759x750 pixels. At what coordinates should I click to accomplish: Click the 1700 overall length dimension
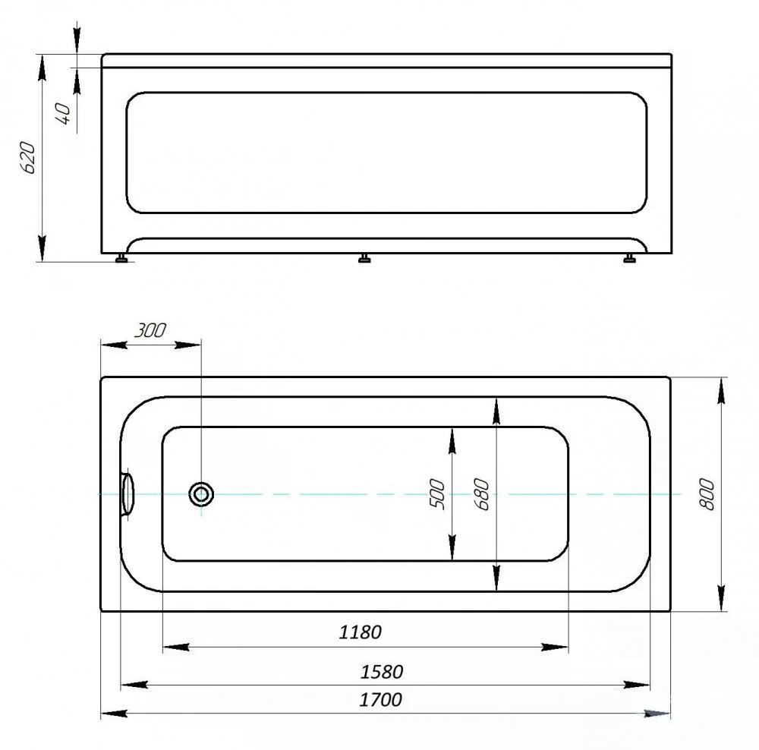coord(380,700)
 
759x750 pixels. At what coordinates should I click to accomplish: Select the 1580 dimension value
coord(382,672)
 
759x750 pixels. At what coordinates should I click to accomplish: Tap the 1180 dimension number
coord(360,632)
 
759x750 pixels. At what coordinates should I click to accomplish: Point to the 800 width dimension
coord(707,494)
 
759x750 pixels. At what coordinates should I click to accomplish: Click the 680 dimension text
coord(483,494)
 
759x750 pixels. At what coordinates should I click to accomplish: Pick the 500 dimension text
coord(437,494)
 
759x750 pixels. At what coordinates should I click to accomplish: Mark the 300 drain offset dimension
coord(150,330)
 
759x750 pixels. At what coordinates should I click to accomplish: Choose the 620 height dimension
coord(27,158)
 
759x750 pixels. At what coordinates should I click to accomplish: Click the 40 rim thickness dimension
coord(64,113)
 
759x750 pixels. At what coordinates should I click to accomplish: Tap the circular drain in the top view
coord(201,494)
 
